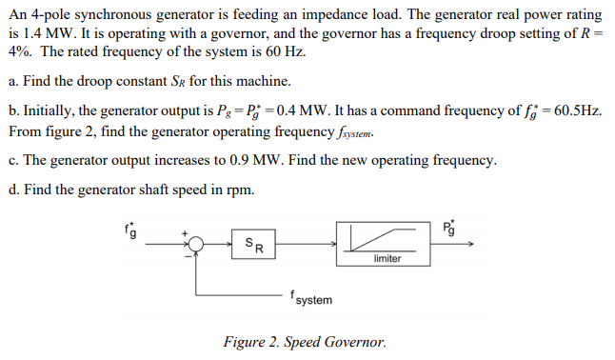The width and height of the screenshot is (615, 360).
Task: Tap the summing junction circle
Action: tap(196, 245)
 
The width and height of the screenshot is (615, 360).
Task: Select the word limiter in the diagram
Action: tap(387, 258)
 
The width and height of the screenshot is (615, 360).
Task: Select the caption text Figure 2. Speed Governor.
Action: tap(305, 342)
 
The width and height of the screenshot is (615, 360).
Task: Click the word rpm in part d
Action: tap(242, 190)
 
